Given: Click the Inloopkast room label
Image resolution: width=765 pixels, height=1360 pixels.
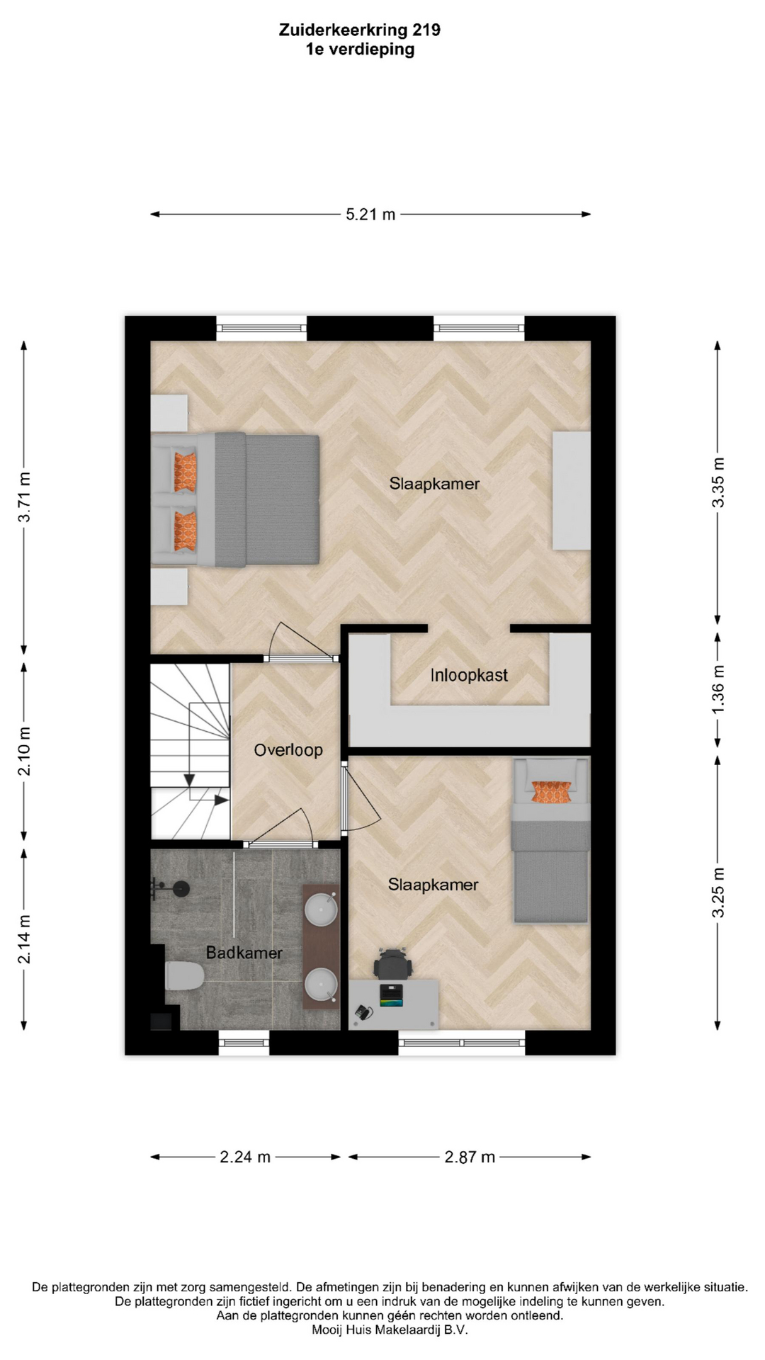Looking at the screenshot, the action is click(x=469, y=675).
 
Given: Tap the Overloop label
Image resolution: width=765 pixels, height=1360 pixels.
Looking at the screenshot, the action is click(x=288, y=749).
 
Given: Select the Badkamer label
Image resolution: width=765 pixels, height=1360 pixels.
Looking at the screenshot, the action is click(x=244, y=953).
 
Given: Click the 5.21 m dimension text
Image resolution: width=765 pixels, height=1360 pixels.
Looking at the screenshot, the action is click(x=370, y=214).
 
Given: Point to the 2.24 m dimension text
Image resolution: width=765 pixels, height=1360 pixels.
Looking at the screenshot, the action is click(x=245, y=1157).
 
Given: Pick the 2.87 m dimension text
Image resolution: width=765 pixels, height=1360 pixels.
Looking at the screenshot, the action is click(x=470, y=1157).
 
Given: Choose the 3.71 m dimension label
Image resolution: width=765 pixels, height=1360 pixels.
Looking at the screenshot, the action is click(x=24, y=497).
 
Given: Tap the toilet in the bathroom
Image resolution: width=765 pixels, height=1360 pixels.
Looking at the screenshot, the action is click(x=184, y=976).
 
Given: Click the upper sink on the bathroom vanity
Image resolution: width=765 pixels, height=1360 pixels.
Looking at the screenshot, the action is click(x=322, y=909).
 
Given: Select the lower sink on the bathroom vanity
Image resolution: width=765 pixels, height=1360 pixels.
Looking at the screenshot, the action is click(x=322, y=985).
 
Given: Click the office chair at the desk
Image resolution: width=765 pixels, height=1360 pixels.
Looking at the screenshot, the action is click(x=392, y=963).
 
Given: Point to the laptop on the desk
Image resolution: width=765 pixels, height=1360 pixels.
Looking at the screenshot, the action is click(x=391, y=994).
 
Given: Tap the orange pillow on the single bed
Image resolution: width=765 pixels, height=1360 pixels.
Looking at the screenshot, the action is click(x=551, y=792).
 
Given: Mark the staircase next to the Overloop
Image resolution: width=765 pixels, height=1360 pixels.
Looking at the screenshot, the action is click(x=191, y=752).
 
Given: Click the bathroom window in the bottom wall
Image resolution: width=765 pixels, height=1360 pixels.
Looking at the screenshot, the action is click(x=244, y=1042).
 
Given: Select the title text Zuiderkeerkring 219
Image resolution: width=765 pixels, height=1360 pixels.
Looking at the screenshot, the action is click(x=360, y=30).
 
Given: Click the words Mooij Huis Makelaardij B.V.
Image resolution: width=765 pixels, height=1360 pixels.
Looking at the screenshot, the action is click(x=390, y=1330).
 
